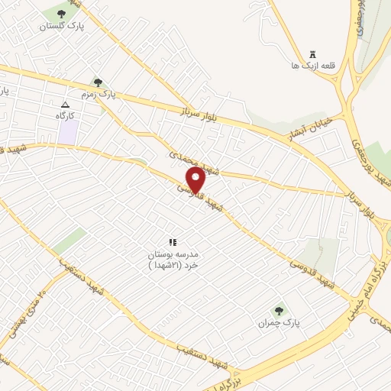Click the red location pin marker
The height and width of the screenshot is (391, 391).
click(x=196, y=180)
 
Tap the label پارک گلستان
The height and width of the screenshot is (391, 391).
click(x=61, y=25)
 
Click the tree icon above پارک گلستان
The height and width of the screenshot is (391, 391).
click(x=61, y=13)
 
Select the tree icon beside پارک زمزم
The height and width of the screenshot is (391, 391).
click(x=98, y=82)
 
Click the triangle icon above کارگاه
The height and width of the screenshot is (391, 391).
click(x=65, y=105)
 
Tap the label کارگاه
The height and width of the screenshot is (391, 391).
click(x=68, y=115)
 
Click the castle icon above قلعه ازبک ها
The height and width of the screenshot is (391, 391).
click(x=312, y=53)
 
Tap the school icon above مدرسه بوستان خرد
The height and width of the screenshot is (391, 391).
click(x=172, y=242)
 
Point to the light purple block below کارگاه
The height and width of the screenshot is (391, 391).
click(x=69, y=132)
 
